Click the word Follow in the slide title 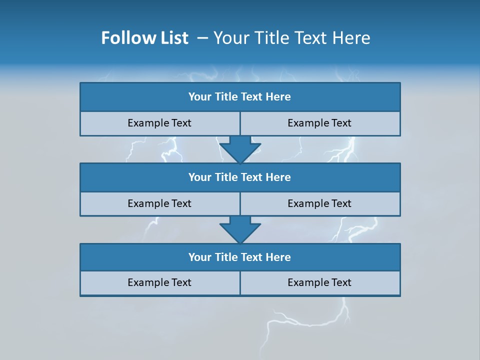(x=125, y=38)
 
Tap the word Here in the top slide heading (x=351, y=38)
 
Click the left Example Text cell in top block (x=160, y=123)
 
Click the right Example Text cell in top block (x=320, y=123)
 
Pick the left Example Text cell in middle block (x=160, y=203)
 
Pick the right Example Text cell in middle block (x=320, y=203)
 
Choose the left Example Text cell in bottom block (x=160, y=282)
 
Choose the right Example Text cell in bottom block (x=320, y=282)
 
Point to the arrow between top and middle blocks (x=240, y=149)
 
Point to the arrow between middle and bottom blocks (x=240, y=229)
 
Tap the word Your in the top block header (x=200, y=97)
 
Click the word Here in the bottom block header (x=278, y=257)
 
